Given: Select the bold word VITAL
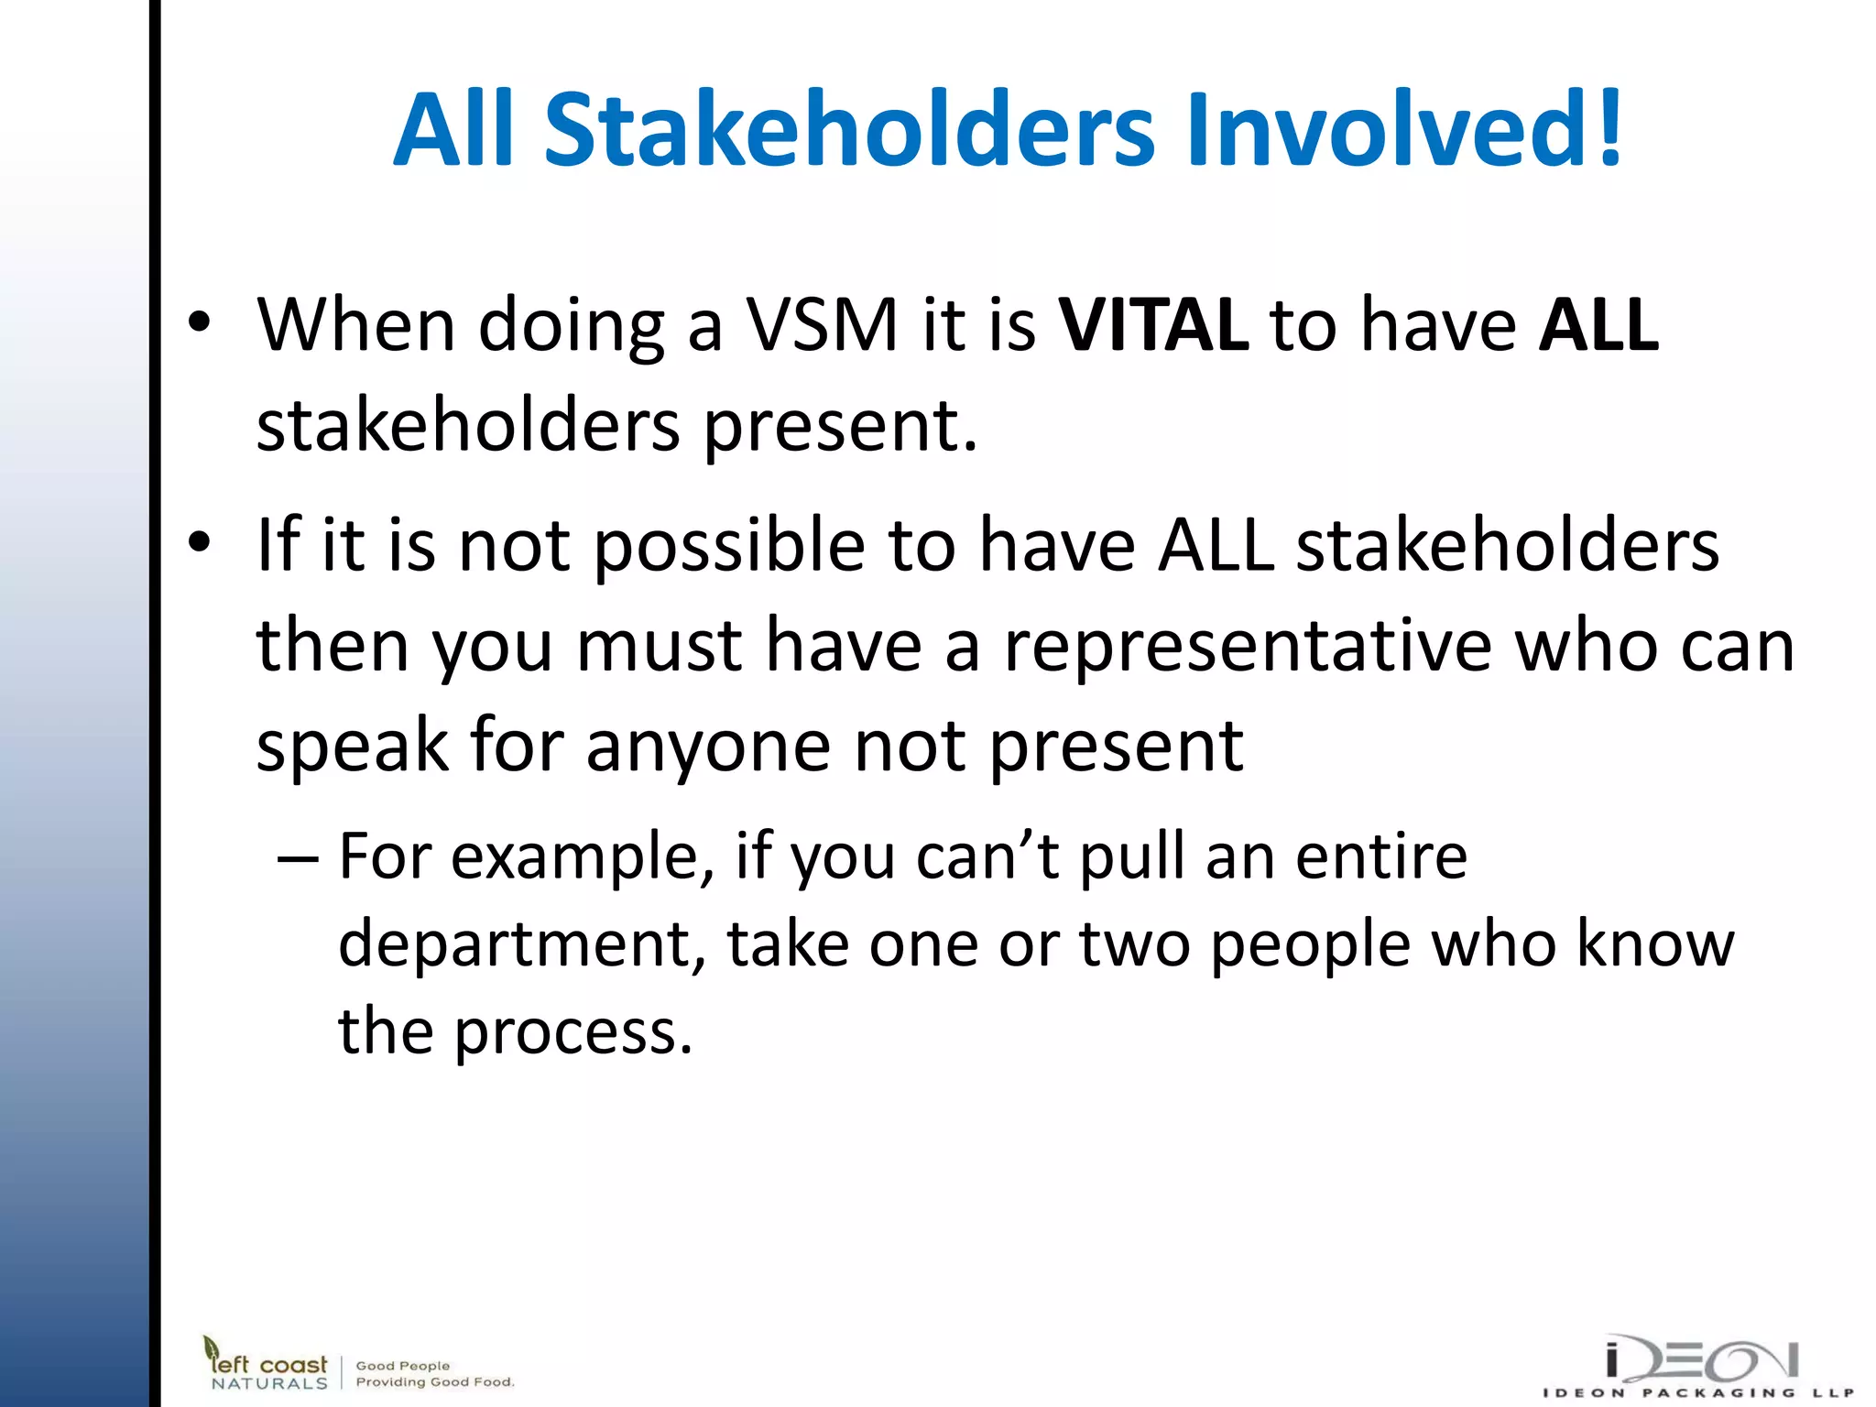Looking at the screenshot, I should coord(1153,324).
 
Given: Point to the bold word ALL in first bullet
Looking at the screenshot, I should coord(1598,324).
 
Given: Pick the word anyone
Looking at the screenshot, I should coord(708,747).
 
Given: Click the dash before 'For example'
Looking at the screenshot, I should coord(298,859).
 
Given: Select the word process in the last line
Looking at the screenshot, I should coord(573,1033).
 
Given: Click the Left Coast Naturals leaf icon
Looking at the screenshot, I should coord(212,1348).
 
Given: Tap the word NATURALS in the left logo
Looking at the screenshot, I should coord(268,1383).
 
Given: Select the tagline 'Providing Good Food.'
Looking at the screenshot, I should coord(435,1382).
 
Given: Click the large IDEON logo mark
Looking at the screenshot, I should coord(1702,1360).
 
